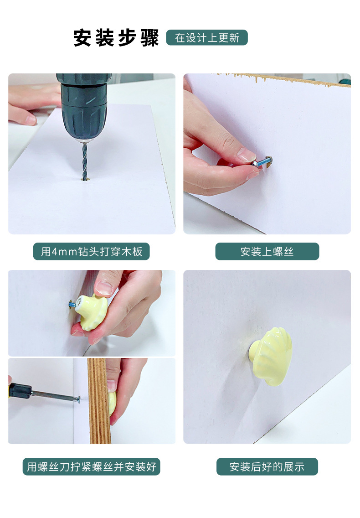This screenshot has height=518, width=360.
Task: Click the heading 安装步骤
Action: coord(116,38)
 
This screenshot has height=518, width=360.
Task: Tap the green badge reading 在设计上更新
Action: coord(207,37)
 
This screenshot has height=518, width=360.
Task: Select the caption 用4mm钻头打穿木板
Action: coord(92,251)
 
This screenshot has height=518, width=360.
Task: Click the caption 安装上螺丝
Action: coord(267,251)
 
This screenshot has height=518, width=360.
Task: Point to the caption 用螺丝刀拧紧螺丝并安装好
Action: coord(92,466)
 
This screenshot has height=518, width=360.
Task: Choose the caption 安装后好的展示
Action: coord(267,466)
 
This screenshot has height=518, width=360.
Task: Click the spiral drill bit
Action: coord(85,161)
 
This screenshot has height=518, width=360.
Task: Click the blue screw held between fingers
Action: coord(263,162)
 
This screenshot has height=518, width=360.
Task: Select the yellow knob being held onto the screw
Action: coord(92,312)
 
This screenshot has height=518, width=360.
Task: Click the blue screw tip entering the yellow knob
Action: coord(72,304)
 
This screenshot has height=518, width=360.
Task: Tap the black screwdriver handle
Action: coord(20,390)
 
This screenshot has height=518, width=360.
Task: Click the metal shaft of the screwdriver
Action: coord(56,396)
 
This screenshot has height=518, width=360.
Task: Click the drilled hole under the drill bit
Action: coord(85,179)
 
